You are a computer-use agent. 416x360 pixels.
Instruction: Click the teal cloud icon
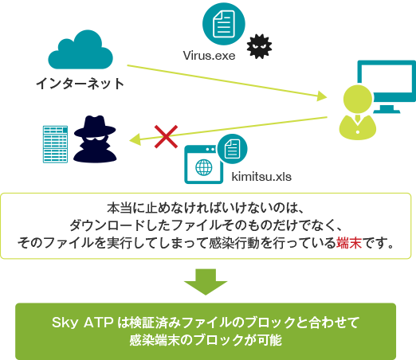click(80, 50)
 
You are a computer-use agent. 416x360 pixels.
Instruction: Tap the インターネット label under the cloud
click(80, 84)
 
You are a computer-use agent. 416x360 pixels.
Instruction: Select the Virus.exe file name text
click(209, 56)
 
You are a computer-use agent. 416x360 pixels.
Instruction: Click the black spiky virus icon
click(259, 46)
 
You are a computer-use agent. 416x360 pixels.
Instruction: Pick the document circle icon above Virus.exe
click(224, 24)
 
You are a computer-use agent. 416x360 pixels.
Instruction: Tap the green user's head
click(358, 99)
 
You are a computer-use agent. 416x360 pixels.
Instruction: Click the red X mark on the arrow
click(167, 137)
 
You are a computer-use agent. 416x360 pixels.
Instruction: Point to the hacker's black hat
click(95, 127)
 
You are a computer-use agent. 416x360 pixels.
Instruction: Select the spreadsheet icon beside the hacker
click(55, 144)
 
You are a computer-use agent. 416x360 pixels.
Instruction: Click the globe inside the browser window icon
click(204, 167)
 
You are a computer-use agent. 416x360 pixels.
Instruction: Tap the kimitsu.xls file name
click(261, 177)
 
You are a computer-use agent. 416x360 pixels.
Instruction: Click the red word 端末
click(349, 243)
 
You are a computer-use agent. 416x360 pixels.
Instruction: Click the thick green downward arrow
click(206, 282)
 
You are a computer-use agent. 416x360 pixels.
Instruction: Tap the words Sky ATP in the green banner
click(83, 323)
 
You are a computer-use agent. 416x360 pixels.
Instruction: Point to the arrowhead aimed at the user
click(322, 96)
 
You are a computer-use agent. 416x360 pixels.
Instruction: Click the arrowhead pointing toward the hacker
click(135, 139)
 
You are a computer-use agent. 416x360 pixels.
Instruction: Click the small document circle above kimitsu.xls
click(232, 149)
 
